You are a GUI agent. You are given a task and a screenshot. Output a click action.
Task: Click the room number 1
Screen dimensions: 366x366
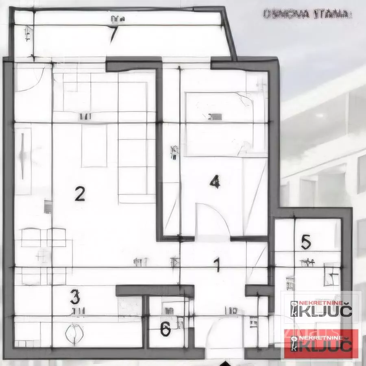tap(217, 265)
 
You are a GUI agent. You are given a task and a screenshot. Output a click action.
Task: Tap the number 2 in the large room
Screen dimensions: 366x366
tap(80, 194)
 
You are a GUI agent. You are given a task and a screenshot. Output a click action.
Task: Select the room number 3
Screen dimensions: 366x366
tap(74, 297)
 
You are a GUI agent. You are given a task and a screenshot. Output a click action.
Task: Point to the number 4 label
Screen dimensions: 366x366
tap(215, 181)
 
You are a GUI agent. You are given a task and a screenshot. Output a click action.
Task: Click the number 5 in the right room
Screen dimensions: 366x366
tap(306, 242)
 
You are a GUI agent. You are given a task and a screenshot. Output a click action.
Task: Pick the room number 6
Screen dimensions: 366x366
tap(165, 329)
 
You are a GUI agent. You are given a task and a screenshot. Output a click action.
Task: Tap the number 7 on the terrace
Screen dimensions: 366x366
tap(113, 34)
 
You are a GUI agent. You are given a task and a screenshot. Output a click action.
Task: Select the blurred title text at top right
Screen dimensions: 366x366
tap(307, 14)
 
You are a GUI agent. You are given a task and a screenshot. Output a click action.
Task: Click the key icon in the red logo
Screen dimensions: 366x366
tap(294, 344)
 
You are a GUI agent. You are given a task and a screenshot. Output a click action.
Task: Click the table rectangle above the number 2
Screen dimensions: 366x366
tap(94, 146)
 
